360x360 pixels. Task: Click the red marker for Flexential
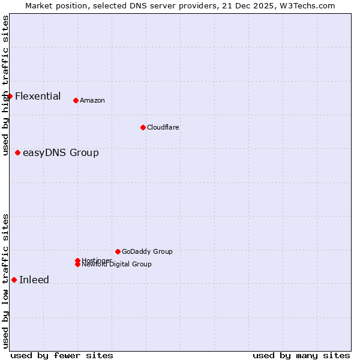(x=10, y=96)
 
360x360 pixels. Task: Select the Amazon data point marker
(x=76, y=100)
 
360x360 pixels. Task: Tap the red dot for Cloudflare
(x=143, y=127)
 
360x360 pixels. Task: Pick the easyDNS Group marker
(x=18, y=152)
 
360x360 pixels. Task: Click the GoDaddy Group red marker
(x=118, y=251)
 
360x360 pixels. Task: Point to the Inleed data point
(x=14, y=280)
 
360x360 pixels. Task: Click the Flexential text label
(x=38, y=96)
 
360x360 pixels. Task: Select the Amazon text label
(x=92, y=100)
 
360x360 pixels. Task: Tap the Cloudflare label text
(x=163, y=127)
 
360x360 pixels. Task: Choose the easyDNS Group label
(x=61, y=152)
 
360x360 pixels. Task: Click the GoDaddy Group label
(x=147, y=251)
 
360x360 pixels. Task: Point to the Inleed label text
(x=34, y=280)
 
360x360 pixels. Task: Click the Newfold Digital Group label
(x=117, y=265)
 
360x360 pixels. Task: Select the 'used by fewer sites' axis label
(x=62, y=355)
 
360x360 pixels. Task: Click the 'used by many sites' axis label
(x=301, y=355)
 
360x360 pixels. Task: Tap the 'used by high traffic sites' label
(x=5, y=85)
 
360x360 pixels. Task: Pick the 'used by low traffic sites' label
(x=5, y=281)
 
